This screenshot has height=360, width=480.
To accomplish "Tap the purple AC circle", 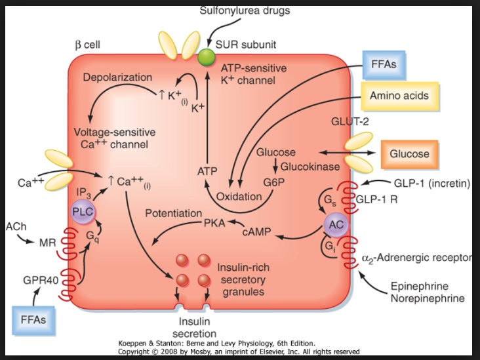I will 335,224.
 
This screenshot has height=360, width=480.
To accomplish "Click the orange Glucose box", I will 409,154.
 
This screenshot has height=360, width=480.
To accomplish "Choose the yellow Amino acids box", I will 399,96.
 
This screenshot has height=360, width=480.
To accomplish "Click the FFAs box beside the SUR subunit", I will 384,66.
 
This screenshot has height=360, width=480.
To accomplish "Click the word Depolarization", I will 117,78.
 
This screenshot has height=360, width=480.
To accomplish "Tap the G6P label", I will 273,181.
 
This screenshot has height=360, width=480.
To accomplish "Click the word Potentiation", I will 173,214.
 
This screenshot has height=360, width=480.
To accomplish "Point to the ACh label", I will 14,226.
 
